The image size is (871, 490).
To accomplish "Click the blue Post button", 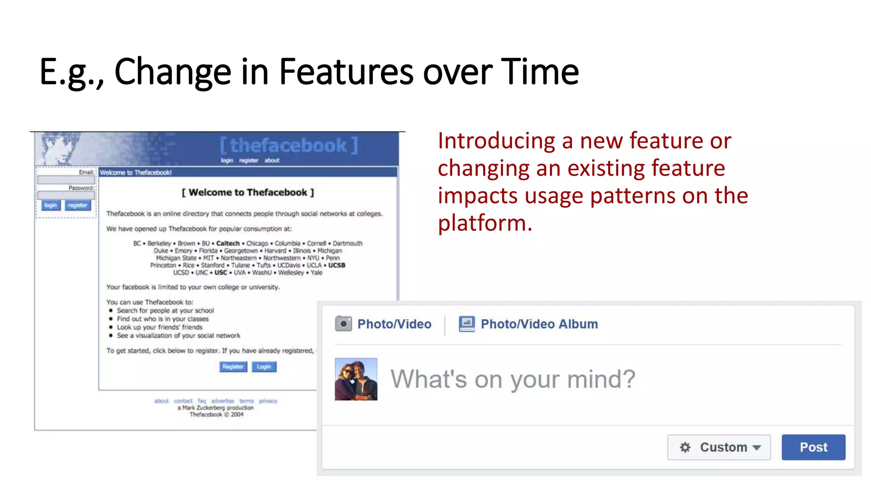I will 813,447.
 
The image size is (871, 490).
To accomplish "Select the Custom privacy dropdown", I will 719,447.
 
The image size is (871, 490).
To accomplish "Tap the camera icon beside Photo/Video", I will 343,324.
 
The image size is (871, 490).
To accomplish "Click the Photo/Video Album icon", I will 467,324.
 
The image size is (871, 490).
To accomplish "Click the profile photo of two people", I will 356,379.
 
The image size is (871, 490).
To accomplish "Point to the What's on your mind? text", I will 513,379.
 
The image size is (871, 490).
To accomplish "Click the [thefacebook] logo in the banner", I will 289,145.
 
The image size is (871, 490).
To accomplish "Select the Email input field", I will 66,180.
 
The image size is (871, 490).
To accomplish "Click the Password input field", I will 66,195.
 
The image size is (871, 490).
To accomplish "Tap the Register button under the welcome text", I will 233,367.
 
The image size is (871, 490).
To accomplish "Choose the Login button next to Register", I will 264,367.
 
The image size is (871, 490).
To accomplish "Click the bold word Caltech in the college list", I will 228,243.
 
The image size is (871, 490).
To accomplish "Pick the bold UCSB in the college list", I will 337,265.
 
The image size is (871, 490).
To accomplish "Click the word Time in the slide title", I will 540,71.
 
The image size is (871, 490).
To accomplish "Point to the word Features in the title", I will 346,71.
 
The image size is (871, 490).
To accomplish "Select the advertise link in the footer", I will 222,401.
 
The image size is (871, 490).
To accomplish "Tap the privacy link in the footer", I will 268,401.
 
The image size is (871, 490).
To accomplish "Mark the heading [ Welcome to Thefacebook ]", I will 248,192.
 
